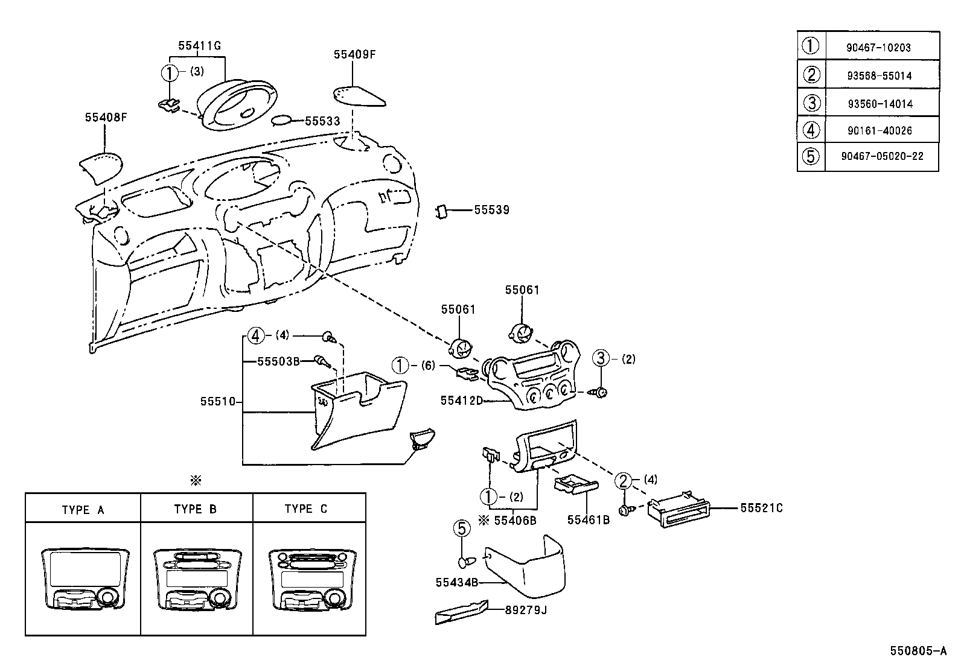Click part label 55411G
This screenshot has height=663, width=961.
(x=199, y=45)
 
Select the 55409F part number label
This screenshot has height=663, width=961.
(x=354, y=54)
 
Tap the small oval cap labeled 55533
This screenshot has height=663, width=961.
(x=281, y=121)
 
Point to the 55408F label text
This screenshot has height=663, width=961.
(x=106, y=118)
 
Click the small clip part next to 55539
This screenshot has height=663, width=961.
(x=441, y=211)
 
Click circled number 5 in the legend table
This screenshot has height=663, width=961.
(x=811, y=156)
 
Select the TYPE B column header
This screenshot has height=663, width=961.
(x=195, y=509)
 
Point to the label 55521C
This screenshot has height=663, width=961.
(x=761, y=509)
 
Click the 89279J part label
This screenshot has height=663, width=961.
(x=526, y=610)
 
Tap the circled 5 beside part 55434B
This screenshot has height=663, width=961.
(x=461, y=529)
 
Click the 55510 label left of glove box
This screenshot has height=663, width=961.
(x=217, y=401)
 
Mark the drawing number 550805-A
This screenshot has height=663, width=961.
(x=918, y=651)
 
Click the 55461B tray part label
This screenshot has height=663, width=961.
(x=588, y=519)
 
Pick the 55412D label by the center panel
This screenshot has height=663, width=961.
(x=461, y=400)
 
